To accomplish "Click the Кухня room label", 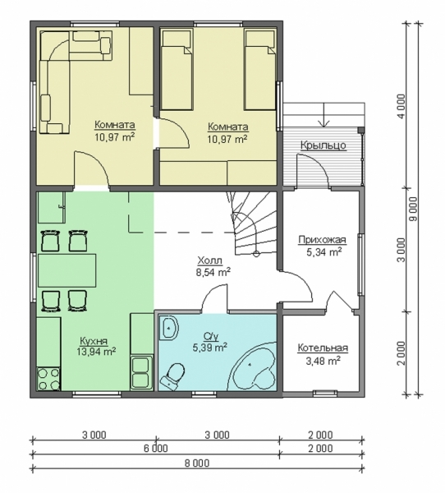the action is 94,341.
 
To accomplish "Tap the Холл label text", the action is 210,260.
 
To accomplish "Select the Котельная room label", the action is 323,348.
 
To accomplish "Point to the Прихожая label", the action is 322,240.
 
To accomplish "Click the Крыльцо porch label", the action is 323,145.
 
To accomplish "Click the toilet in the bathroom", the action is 172,376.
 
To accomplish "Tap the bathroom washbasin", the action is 169,328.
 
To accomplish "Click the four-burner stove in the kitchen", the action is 48,379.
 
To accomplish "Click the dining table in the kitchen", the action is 67,270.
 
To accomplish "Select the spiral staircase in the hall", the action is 252,223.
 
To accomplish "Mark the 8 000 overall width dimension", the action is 198,463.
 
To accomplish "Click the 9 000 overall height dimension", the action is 415,209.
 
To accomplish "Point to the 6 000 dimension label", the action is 156,448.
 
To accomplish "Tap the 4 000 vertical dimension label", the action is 401,107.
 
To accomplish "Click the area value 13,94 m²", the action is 96,351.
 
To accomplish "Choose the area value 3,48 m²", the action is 323,361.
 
